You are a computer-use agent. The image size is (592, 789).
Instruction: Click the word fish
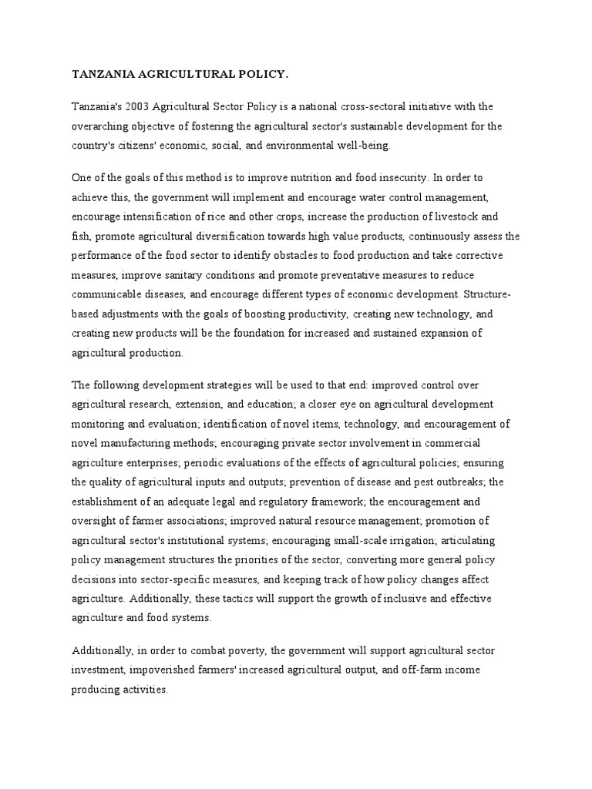point(82,237)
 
